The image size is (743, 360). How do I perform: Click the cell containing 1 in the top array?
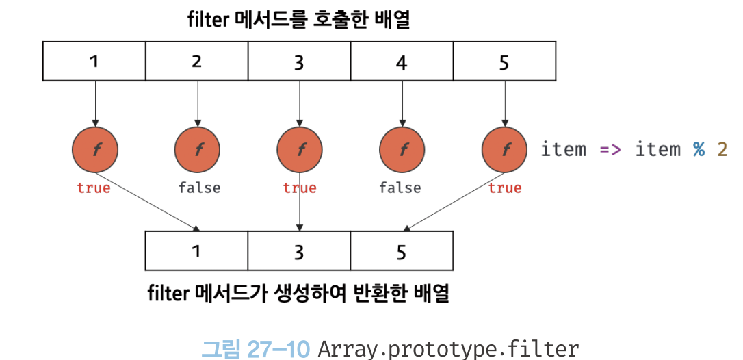(94, 62)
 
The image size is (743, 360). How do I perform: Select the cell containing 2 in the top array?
(196, 62)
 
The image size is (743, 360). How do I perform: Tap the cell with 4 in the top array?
(402, 62)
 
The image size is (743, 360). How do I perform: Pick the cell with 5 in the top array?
(504, 62)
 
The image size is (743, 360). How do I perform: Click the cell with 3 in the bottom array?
(299, 251)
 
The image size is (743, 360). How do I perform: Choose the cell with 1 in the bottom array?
(196, 251)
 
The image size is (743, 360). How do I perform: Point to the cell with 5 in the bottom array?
(402, 251)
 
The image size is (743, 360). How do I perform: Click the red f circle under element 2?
(197, 149)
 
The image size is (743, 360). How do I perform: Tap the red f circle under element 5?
(505, 149)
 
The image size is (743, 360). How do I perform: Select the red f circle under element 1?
(94, 149)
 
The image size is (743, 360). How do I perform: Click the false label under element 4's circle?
(400, 188)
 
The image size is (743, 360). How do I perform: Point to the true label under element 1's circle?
(94, 188)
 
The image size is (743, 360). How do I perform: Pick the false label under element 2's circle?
(199, 188)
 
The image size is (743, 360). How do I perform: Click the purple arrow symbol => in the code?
(610, 149)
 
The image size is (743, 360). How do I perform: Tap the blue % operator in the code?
(699, 149)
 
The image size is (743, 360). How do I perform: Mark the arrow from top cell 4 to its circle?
(402, 103)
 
